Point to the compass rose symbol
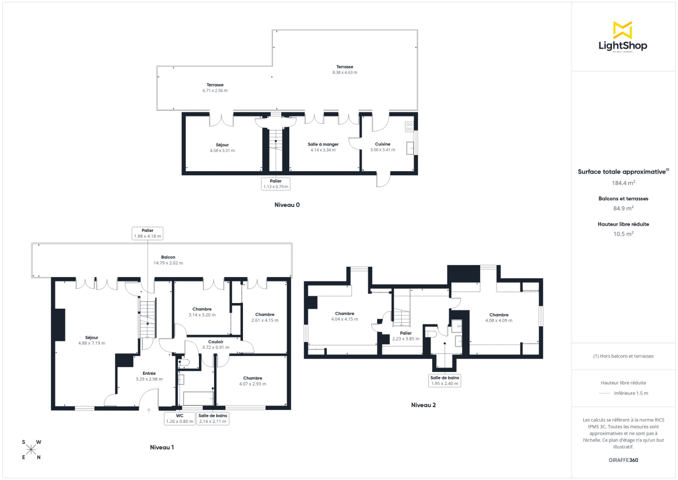click(x=32, y=449)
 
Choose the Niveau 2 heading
click(x=423, y=405)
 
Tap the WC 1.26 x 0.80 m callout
click(x=180, y=418)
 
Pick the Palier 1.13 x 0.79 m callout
click(x=276, y=184)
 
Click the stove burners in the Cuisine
click(x=408, y=127)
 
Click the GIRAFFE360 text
click(x=624, y=460)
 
